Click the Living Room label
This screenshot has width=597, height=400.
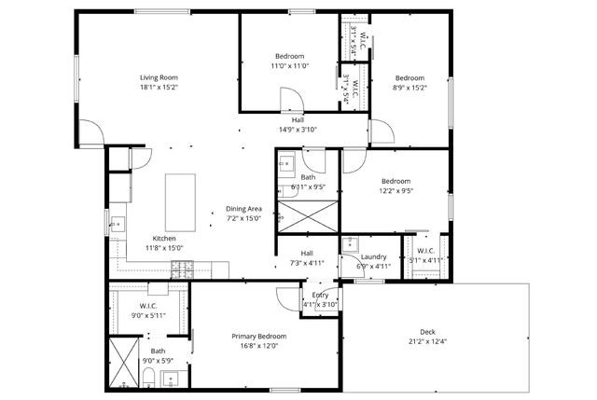tap(159, 77)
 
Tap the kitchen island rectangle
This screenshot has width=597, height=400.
tap(181, 202)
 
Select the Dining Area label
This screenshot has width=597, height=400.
tap(243, 209)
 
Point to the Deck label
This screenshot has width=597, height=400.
tap(427, 332)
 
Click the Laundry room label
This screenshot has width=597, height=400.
tap(373, 256)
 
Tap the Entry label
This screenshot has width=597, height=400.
tap(320, 295)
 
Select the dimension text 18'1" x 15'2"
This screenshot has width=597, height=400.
tap(159, 88)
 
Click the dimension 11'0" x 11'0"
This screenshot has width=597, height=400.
tap(289, 66)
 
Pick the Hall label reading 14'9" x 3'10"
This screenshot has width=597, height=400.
tap(298, 130)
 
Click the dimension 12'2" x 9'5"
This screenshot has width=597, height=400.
tap(395, 191)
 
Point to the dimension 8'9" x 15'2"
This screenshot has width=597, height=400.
tap(410, 89)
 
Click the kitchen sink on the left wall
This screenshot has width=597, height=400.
tap(116, 224)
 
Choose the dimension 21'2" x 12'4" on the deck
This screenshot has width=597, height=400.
tap(427, 342)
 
